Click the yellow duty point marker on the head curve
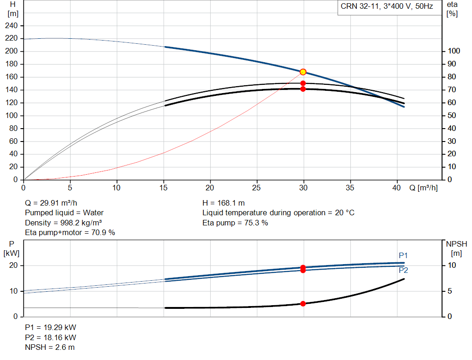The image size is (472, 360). (303, 72)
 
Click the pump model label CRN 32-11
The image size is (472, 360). (360, 6)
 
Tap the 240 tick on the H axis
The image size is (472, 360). (12, 26)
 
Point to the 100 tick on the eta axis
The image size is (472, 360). (454, 51)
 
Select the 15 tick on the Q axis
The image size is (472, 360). (164, 188)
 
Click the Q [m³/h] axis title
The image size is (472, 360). (424, 188)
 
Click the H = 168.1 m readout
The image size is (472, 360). (224, 203)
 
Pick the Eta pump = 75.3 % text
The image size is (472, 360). (235, 223)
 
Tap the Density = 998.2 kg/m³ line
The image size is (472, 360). (63, 223)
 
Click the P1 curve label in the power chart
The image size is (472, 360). (403, 255)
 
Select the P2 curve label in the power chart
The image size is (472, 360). (403, 270)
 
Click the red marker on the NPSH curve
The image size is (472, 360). (303, 304)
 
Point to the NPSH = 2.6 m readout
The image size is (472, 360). (50, 348)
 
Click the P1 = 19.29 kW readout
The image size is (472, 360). (51, 327)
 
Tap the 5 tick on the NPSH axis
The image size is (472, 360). (449, 291)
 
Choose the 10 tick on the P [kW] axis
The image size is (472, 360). (13, 291)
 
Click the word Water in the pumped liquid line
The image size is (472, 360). (93, 213)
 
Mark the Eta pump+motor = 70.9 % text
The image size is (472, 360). (70, 233)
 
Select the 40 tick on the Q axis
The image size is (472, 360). (396, 188)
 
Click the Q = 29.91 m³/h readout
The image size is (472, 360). (51, 203)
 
